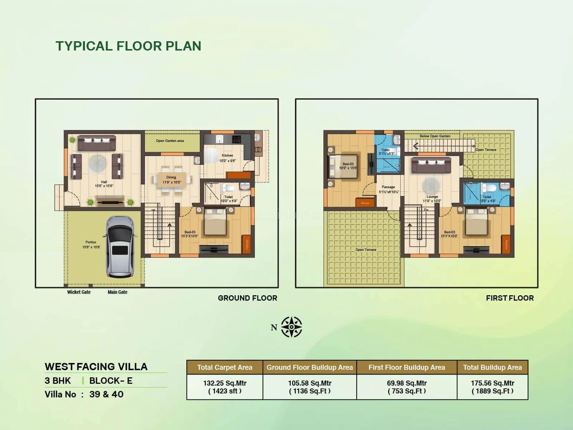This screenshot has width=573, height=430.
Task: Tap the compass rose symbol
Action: click(x=292, y=327)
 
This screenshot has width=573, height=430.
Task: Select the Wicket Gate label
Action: click(x=79, y=292)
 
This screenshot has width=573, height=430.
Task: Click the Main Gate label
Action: click(x=117, y=292)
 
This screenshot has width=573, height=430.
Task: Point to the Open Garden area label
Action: click(x=170, y=141)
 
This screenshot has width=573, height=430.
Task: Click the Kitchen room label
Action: click(x=227, y=156)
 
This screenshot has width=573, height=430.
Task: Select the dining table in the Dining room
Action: click(x=172, y=180)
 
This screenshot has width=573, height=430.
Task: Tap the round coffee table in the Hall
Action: click(x=97, y=163)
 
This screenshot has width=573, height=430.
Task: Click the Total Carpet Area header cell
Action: click(x=225, y=367)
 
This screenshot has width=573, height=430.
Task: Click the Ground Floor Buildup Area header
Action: click(x=309, y=367)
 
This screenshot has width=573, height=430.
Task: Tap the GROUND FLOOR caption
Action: click(x=247, y=298)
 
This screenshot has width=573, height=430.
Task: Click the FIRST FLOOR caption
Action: click(x=510, y=298)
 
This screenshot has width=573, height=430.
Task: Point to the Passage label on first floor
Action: click(x=388, y=187)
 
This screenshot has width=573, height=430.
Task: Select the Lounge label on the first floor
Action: click(x=432, y=197)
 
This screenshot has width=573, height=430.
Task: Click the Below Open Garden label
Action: click(x=435, y=136)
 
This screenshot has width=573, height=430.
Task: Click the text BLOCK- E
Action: click(x=111, y=381)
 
